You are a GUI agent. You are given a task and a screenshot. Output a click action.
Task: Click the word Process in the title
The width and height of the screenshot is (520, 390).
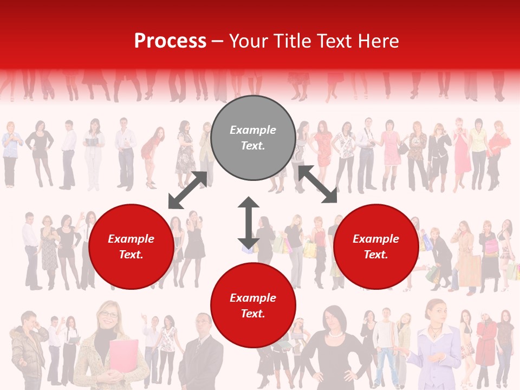(170, 41)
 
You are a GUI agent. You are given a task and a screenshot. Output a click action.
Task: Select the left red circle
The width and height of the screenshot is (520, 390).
(131, 246)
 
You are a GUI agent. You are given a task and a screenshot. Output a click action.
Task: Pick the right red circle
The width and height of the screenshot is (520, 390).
(376, 246)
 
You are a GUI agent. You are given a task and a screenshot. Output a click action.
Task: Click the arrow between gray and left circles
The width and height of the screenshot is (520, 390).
(187, 190)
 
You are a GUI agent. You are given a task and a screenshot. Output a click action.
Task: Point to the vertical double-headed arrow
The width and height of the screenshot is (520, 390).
(249, 223)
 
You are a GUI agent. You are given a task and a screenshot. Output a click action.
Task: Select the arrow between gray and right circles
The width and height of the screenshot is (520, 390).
(317, 184)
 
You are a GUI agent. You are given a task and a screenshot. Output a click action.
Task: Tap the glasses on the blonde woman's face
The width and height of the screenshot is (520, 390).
(108, 315)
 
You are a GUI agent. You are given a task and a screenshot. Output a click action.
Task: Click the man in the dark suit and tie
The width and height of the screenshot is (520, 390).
(201, 352)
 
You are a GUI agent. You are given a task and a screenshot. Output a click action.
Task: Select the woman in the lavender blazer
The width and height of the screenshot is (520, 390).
(436, 347)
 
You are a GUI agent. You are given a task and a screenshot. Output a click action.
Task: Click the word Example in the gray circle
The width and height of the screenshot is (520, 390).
(253, 130)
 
